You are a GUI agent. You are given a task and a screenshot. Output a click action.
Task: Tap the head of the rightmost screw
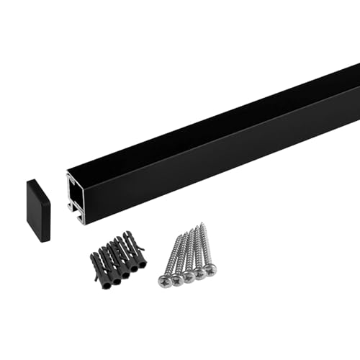(211, 269)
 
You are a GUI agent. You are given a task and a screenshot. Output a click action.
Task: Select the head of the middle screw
(188, 275)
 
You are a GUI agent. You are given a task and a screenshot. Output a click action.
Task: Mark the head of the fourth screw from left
(199, 272)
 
